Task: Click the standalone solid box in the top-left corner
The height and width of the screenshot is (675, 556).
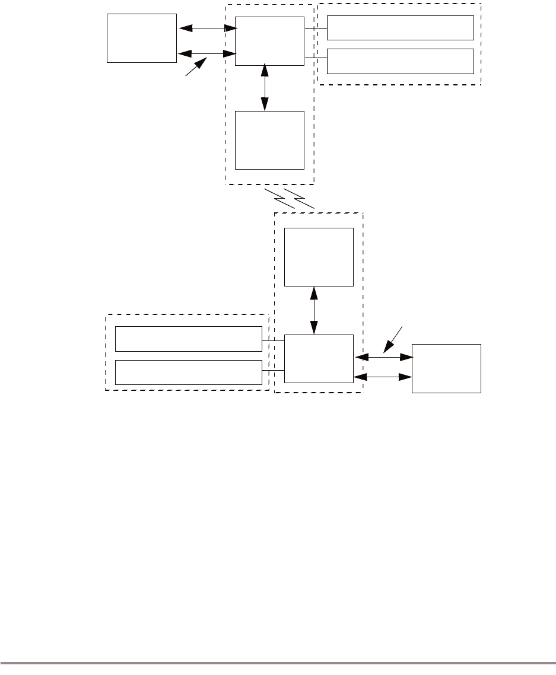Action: point(142,38)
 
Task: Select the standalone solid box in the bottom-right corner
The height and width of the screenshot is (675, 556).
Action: point(446,368)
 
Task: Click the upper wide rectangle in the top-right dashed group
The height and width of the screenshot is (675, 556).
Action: point(401,27)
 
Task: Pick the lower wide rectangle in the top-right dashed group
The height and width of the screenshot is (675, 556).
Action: point(401,61)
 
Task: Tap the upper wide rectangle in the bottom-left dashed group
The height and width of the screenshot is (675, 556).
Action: point(188,338)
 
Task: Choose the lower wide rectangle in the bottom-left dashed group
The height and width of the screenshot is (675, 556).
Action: point(188,372)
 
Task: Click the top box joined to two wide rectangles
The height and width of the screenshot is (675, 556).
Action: point(269,41)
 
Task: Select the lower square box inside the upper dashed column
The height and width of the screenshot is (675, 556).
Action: point(269,140)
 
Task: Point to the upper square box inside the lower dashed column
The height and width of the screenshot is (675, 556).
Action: point(319,256)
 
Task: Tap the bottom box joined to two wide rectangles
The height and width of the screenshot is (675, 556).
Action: point(319,359)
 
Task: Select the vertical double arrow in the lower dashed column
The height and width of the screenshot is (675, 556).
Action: point(314,310)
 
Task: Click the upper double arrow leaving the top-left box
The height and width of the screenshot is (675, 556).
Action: point(206,27)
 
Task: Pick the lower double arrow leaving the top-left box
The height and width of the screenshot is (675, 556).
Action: point(206,54)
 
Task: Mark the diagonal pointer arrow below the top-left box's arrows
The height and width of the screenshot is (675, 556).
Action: point(196,66)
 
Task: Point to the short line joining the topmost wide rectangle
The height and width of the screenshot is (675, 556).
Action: point(316,28)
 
